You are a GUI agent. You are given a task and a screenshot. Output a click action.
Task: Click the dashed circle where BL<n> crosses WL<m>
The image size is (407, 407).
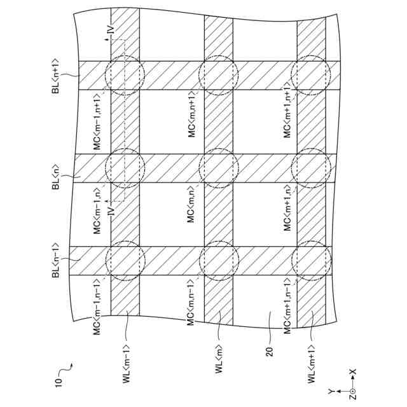click(218, 169)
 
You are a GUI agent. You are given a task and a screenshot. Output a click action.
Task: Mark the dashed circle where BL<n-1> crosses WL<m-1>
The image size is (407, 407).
click(125, 261)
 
